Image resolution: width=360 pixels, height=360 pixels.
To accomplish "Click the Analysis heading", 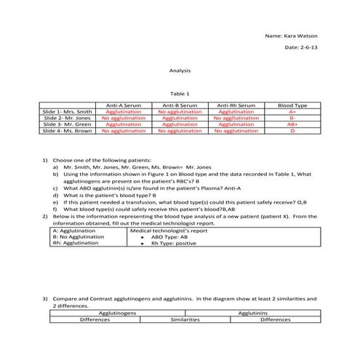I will click(x=179, y=71).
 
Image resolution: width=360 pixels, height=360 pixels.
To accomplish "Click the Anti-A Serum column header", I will click(x=124, y=105).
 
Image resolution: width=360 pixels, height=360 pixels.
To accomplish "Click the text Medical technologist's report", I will click(x=168, y=230).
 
